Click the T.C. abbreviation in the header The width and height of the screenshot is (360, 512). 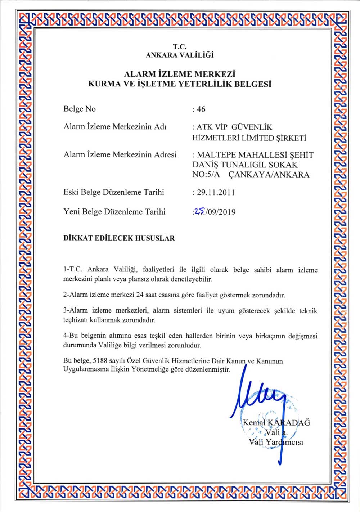180,47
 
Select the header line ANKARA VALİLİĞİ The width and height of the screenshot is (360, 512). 180,55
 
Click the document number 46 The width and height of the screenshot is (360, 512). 201,109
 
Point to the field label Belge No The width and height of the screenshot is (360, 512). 80,109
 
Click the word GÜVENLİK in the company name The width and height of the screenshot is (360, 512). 252,127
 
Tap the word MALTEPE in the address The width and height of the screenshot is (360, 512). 215,155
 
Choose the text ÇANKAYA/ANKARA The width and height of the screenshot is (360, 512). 269,175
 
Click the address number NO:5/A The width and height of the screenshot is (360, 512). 206,175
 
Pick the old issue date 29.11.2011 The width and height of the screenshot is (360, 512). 216,192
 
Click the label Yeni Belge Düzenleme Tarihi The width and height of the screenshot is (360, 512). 114,212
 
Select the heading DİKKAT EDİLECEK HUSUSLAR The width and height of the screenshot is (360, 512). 119,238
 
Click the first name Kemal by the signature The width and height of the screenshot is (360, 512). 254,423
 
